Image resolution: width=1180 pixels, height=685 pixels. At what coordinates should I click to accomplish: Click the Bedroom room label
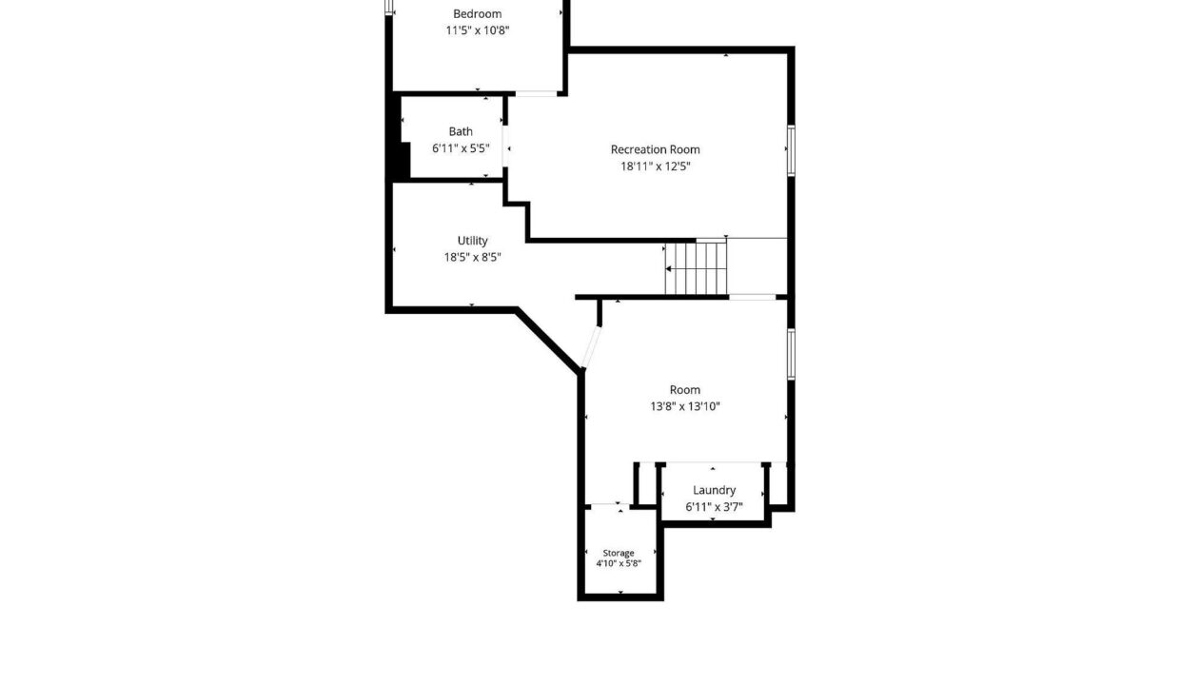(478, 13)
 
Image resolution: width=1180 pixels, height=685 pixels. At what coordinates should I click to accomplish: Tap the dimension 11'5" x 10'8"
(478, 30)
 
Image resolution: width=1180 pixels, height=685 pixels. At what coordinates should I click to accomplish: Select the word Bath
(461, 131)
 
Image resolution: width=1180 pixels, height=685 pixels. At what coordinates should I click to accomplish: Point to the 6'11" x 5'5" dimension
(461, 148)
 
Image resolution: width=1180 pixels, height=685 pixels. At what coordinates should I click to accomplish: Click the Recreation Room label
(656, 149)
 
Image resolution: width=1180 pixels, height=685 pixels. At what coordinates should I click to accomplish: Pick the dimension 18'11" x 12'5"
(656, 166)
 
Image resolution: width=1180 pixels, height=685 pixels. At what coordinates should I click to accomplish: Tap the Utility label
(472, 240)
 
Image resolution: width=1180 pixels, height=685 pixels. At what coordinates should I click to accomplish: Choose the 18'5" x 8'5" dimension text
(472, 257)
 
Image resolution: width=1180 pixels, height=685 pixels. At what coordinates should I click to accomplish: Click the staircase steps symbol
(696, 268)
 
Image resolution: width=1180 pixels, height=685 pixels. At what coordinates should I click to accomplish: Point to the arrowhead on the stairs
(668, 269)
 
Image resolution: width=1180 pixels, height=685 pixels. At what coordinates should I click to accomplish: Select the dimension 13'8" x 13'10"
(685, 406)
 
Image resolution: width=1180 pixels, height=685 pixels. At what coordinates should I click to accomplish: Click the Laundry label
(714, 490)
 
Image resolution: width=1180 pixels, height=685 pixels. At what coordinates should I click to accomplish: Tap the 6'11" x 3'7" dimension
(714, 506)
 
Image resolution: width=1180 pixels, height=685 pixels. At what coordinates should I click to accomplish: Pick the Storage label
(619, 553)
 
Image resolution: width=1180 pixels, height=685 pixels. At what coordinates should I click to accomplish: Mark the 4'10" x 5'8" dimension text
(619, 563)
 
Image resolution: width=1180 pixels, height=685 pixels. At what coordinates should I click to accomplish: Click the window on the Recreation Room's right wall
(791, 150)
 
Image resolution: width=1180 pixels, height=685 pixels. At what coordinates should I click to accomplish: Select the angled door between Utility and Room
(591, 347)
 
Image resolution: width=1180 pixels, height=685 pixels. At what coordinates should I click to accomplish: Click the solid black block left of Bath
(398, 137)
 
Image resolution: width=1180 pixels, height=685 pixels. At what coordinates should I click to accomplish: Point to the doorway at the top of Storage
(610, 505)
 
